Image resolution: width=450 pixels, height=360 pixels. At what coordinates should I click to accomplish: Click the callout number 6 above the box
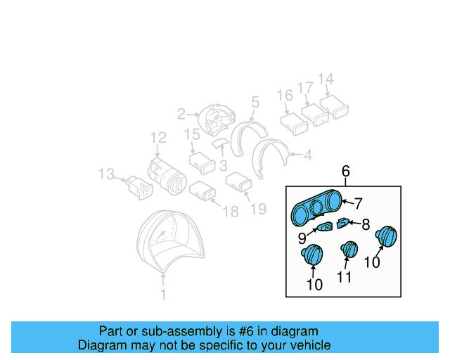tap(345, 171)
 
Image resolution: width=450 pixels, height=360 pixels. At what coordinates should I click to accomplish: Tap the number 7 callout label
tap(358, 204)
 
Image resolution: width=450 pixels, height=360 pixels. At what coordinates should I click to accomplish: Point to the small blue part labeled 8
tap(343, 224)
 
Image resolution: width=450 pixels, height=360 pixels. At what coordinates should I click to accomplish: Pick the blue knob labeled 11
tap(349, 250)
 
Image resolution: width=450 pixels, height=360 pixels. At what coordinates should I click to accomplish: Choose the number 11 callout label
tap(344, 278)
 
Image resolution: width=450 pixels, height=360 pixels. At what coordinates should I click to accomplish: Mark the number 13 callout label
tap(106, 173)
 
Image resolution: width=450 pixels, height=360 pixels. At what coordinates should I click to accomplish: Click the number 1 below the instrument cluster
tap(164, 296)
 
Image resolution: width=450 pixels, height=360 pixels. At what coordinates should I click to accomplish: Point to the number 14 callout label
tap(326, 79)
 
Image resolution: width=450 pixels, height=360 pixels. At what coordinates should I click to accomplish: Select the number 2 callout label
tap(181, 113)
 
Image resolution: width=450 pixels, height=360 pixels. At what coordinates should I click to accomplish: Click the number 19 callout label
tap(259, 208)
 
